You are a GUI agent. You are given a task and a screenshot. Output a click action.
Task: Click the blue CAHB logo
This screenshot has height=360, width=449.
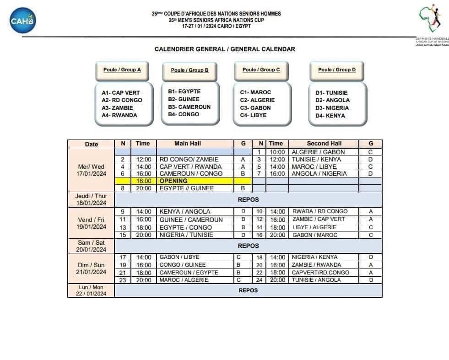pos(22,21)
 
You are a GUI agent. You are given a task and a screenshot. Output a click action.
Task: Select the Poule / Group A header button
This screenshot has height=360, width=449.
pos(122,70)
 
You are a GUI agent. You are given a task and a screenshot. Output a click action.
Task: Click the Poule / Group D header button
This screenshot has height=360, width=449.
pos(337,70)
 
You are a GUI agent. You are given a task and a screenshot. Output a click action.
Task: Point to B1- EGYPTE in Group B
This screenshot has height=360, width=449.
pos(184,91)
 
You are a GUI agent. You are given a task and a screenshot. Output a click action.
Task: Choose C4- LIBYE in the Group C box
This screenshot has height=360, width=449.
pos(253,115)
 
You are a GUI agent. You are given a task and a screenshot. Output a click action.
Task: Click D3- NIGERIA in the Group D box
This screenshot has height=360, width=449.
pos(332,108)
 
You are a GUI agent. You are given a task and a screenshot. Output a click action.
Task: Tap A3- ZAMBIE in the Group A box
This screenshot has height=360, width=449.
pos(117,108)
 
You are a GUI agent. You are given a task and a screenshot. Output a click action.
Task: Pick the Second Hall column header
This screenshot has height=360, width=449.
pos(324,144)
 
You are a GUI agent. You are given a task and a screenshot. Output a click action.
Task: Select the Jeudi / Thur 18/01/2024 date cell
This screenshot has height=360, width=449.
pos(92,199)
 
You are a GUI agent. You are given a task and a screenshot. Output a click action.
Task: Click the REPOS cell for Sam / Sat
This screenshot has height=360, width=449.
pos(248,246)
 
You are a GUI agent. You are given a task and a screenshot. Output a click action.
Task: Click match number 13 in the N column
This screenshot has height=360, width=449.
pos(123,227)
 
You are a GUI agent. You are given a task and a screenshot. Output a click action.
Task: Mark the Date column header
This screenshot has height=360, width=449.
pos(92,144)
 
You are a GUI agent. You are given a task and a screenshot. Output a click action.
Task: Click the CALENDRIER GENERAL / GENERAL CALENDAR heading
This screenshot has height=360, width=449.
pos(225,49)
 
